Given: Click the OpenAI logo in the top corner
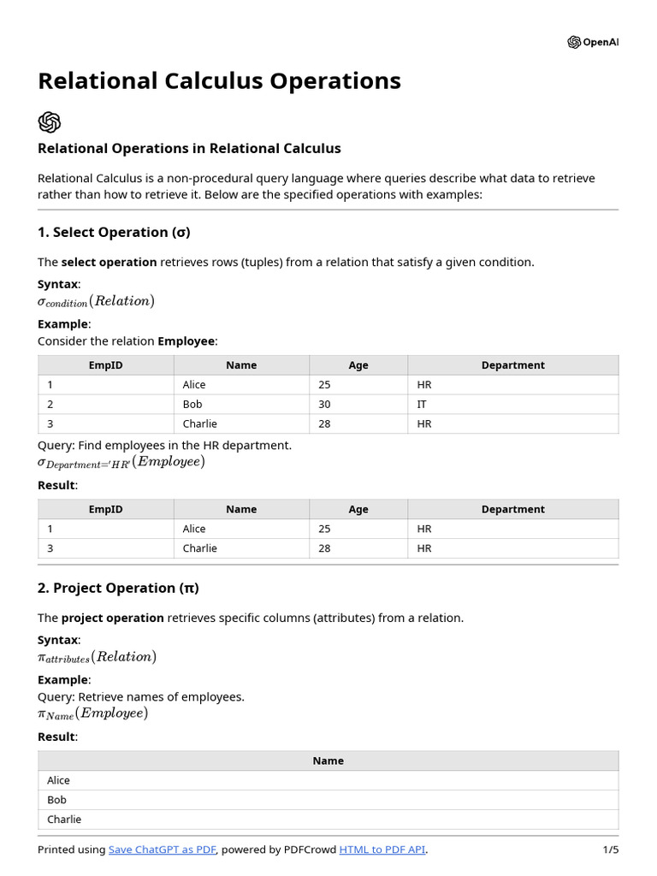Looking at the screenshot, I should [592, 43].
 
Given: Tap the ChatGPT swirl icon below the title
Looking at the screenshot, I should [50, 121].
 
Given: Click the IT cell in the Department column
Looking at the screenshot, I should [422, 404].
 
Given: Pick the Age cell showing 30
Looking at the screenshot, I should [324, 404].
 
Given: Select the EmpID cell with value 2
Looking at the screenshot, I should [50, 404].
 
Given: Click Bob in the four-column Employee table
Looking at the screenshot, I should [192, 404].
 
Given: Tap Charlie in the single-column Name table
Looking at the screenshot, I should [64, 819].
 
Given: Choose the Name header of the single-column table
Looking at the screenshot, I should [328, 761].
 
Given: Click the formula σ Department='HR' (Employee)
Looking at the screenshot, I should [121, 462].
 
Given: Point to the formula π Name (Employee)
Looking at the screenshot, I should [92, 713].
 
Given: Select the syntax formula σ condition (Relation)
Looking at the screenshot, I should [96, 301].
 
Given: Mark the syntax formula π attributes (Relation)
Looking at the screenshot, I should [97, 657].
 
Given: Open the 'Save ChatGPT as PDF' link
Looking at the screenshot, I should [163, 849].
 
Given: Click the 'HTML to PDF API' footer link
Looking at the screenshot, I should [382, 849].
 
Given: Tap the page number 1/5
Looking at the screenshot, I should [610, 849].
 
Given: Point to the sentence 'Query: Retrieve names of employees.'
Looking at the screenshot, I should [141, 696].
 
